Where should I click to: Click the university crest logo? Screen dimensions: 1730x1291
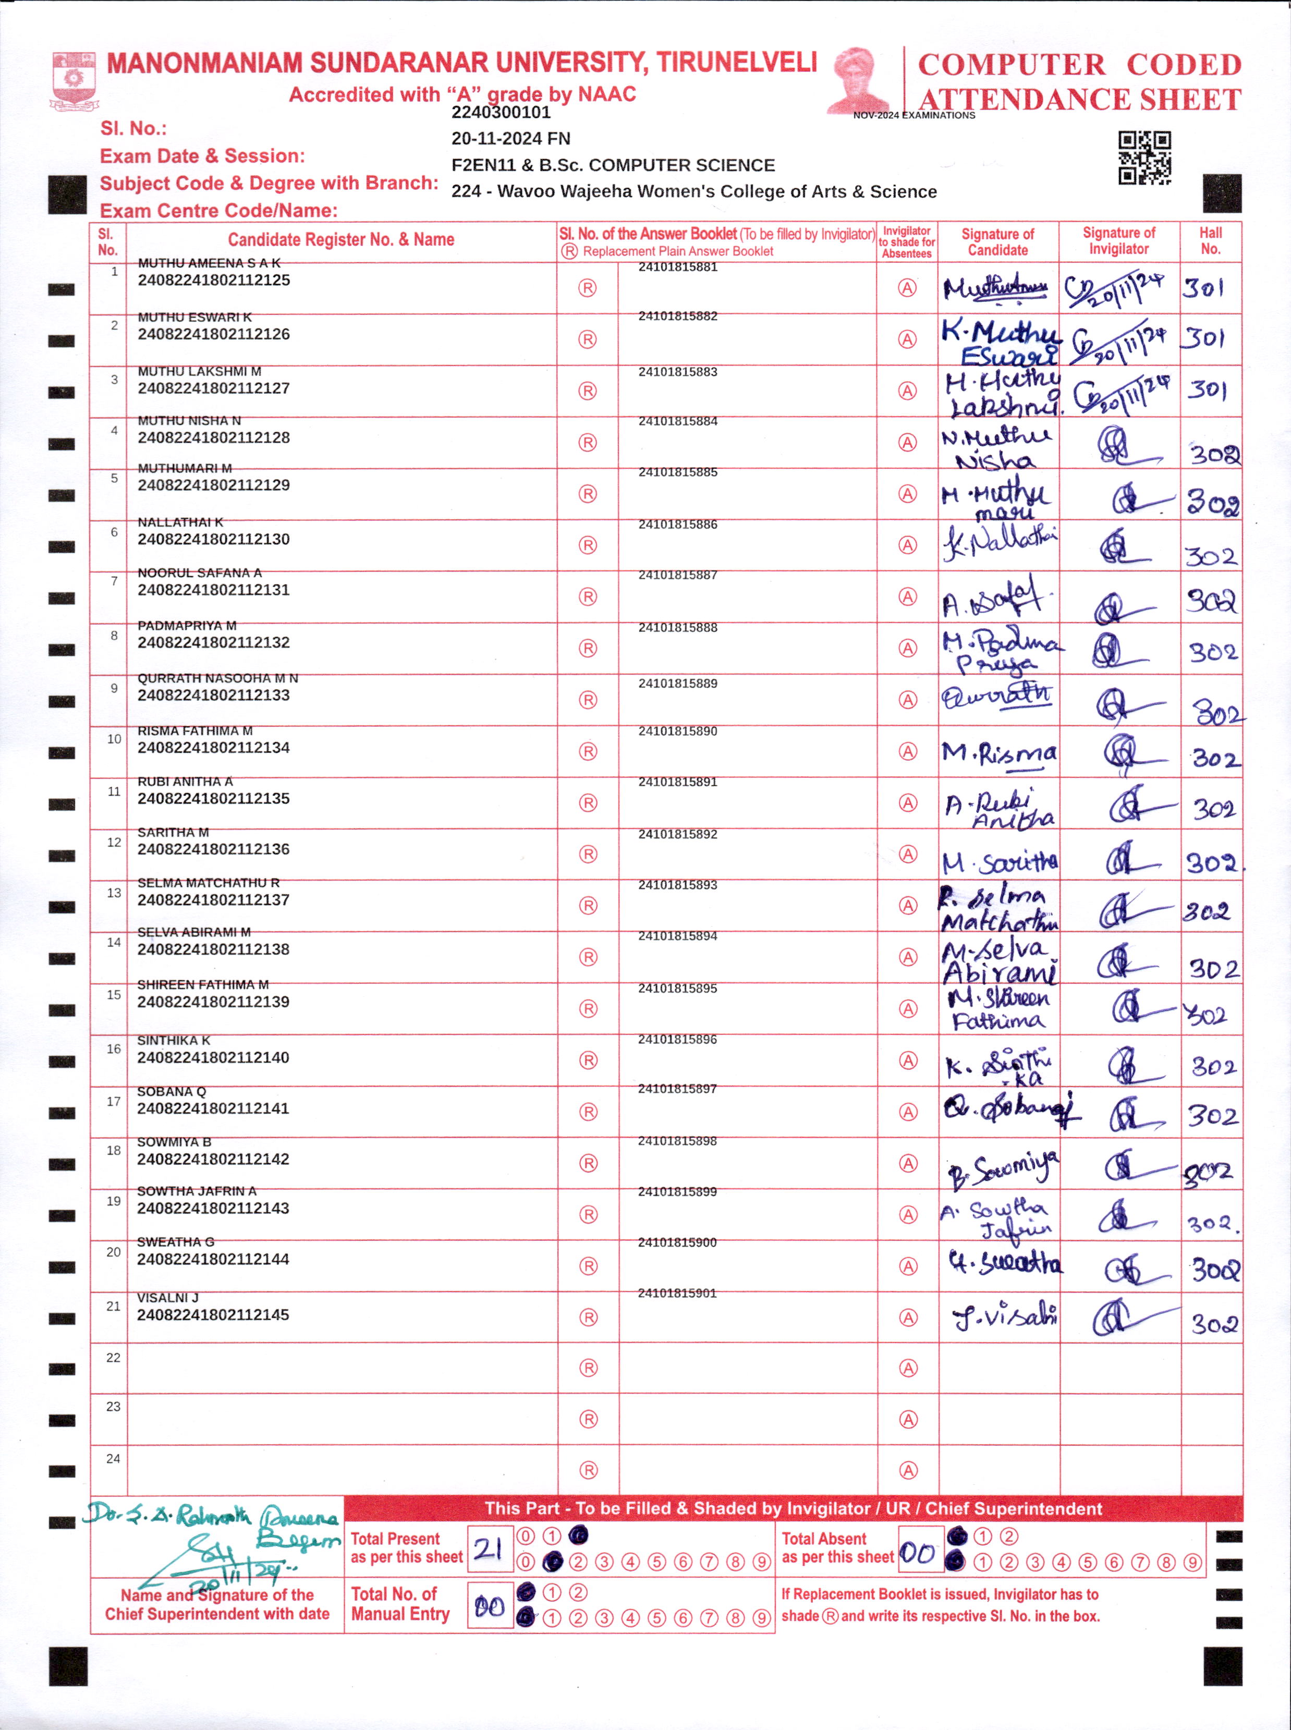point(74,80)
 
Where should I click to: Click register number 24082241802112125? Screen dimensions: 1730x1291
point(213,281)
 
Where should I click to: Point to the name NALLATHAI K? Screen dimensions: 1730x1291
point(180,522)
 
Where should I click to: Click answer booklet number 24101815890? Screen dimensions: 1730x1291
point(677,732)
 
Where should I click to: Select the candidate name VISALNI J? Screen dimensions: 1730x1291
point(167,1298)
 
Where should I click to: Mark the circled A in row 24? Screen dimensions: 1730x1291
point(907,1470)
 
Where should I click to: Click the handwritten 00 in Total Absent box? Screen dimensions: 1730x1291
point(918,1553)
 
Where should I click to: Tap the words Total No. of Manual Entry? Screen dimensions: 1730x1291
point(400,1604)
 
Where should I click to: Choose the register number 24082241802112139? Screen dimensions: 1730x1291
point(213,1002)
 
